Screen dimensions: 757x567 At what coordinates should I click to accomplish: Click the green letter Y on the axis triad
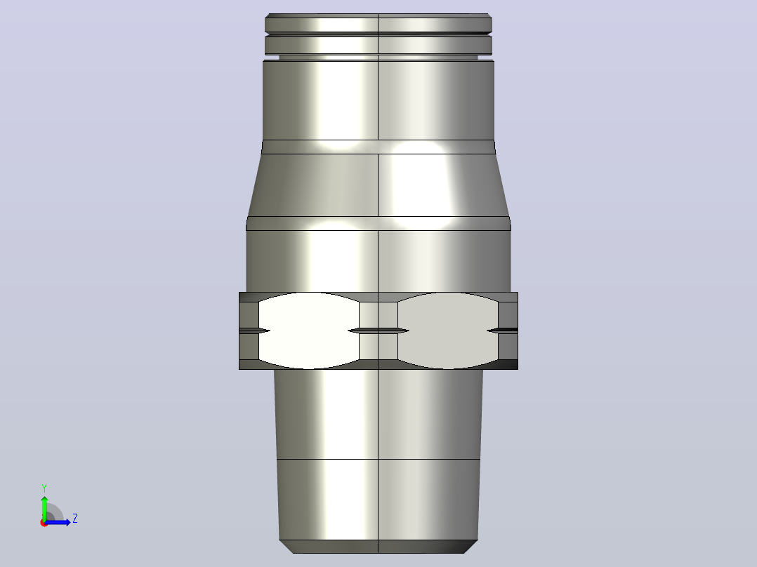coord(44,488)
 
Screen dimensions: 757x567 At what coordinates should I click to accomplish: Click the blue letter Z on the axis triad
coord(75,519)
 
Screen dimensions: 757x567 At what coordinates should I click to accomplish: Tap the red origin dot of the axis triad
coord(44,523)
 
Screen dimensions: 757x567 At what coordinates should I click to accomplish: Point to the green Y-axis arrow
coord(44,509)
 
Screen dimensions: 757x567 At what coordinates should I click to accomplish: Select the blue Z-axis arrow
coord(58,522)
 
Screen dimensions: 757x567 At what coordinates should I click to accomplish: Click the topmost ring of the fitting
coord(378,22)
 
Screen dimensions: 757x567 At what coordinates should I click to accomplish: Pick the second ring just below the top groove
coord(378,46)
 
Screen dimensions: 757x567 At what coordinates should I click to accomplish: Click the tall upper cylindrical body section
coord(378,100)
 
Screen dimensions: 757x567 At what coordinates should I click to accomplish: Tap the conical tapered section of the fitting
coord(378,185)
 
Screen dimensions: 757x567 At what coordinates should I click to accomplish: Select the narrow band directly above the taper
coord(378,147)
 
